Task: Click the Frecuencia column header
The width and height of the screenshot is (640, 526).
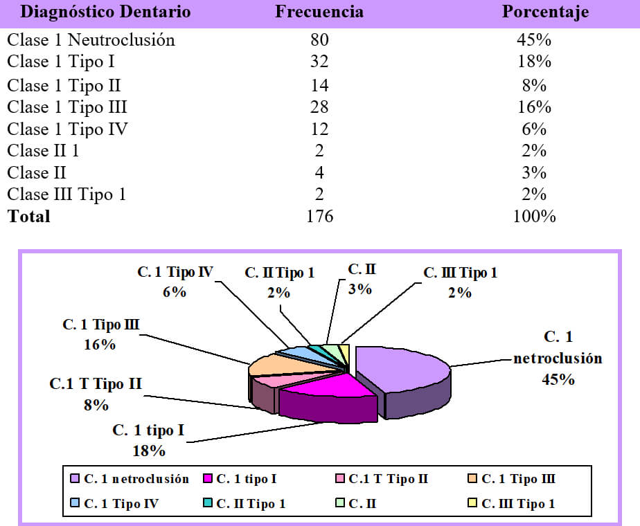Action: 319,11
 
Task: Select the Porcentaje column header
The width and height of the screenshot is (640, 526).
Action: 545,12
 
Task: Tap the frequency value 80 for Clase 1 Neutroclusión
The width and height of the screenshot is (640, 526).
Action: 319,40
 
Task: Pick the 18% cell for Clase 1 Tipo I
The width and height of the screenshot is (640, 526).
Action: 534,62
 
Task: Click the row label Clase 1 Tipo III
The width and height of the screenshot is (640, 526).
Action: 67,107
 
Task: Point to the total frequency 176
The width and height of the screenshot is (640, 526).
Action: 319,216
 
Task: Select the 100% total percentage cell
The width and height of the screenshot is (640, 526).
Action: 534,216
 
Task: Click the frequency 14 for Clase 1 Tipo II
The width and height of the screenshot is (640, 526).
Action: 319,85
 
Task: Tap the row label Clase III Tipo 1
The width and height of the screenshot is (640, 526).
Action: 66,194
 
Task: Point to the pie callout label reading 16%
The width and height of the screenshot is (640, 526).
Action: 100,345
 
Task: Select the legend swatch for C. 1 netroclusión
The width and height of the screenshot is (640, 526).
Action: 75,478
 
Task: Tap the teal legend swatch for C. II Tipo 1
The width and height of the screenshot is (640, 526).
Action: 207,502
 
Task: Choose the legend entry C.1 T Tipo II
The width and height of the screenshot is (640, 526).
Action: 381,479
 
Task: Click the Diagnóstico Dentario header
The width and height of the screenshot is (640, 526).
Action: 105,12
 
